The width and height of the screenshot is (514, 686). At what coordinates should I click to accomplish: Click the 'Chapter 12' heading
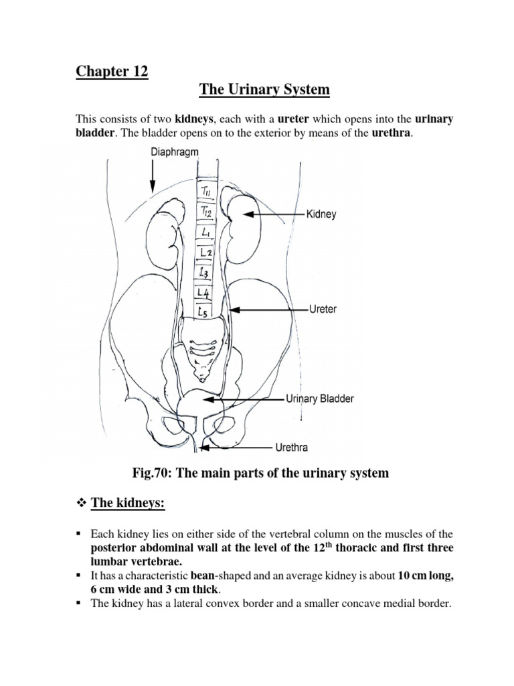click(x=111, y=71)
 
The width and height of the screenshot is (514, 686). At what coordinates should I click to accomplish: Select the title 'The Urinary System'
click(x=256, y=89)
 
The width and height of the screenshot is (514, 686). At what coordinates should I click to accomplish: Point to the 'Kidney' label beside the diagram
click(x=321, y=215)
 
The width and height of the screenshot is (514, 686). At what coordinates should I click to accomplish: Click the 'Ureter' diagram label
click(x=323, y=310)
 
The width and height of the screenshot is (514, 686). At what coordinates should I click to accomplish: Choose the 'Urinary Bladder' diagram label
click(x=320, y=399)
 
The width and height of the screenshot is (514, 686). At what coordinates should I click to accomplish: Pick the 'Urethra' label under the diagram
click(x=292, y=446)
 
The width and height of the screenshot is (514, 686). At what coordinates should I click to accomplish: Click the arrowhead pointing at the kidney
click(x=247, y=215)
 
